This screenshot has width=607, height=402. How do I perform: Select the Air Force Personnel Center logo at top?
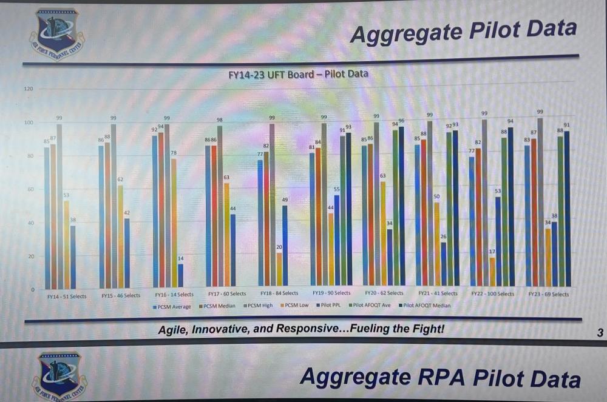(57, 34)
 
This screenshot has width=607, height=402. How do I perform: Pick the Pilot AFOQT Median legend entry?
(424, 306)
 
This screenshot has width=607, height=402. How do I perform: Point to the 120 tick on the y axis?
(28, 89)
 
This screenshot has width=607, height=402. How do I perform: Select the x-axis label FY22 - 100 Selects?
(492, 294)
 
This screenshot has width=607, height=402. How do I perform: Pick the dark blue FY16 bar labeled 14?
(180, 276)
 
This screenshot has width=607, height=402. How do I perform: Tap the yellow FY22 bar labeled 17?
(492, 271)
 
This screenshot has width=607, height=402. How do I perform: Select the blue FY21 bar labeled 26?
(444, 264)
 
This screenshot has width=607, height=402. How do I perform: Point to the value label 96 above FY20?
(401, 121)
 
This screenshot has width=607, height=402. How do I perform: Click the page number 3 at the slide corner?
(600, 332)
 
